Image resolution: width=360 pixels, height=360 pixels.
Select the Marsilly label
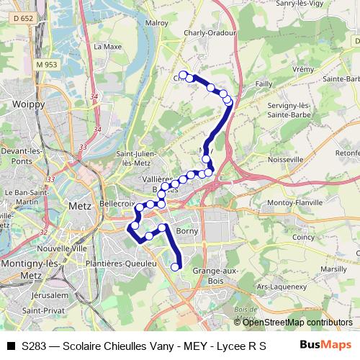[333, 268]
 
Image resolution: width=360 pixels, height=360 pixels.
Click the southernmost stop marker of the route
[175, 267]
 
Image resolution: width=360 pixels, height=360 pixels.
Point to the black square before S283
[10, 346]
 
